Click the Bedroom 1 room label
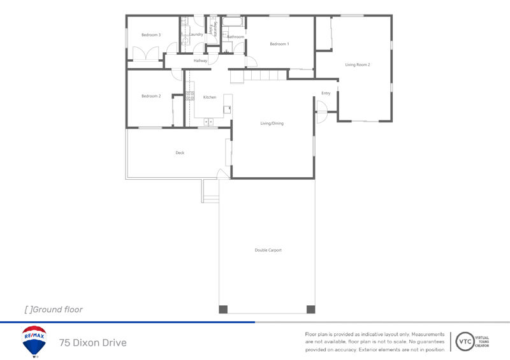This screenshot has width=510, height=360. (x=279, y=44)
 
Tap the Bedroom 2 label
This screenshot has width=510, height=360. (x=151, y=96)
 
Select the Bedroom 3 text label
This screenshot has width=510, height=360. (x=151, y=35)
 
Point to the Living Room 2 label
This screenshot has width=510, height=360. (x=358, y=65)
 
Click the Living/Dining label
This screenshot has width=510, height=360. (x=272, y=124)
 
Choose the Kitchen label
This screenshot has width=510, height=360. (x=210, y=97)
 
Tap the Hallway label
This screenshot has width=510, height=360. (x=201, y=61)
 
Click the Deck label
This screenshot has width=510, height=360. (x=180, y=153)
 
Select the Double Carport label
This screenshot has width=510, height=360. (x=268, y=250)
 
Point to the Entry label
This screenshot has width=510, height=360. (x=326, y=94)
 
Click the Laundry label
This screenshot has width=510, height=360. (x=196, y=34)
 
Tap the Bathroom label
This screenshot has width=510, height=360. (x=236, y=37)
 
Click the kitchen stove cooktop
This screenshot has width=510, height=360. (x=189, y=96)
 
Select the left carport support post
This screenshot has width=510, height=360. (x=223, y=310)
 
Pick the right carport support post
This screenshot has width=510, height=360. (x=310, y=310)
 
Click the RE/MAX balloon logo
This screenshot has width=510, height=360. (x=34, y=341)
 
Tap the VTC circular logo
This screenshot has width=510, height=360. (x=465, y=342)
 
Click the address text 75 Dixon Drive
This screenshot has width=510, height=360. (x=93, y=343)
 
